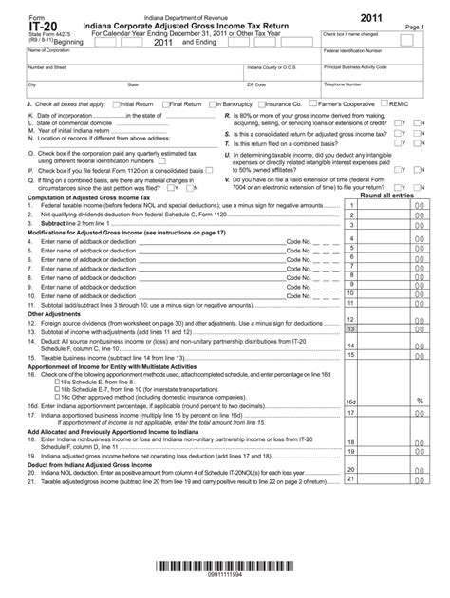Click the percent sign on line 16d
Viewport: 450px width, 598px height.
click(x=419, y=401)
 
